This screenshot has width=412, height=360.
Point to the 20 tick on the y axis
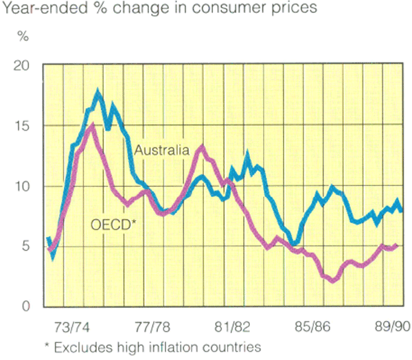pyautogui.click(x=23, y=65)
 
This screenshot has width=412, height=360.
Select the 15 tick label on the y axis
pyautogui.click(x=23, y=126)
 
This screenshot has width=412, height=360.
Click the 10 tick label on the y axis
pyautogui.click(x=23, y=186)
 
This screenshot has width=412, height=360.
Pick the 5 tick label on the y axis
pyautogui.click(x=27, y=247)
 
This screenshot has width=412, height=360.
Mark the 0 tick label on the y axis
pyautogui.click(x=27, y=306)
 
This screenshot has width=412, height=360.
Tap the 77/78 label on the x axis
pyautogui.click(x=152, y=326)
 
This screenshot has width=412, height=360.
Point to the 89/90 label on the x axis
pyautogui.click(x=392, y=326)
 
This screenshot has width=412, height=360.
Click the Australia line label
pyautogui.click(x=162, y=150)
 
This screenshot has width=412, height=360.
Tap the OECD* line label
pyautogui.click(x=113, y=223)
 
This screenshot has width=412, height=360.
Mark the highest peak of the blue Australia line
pyautogui.click(x=98, y=91)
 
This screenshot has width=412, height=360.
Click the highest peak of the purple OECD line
pyautogui.click(x=92, y=125)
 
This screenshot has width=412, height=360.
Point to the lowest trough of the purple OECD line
pyautogui.click(x=334, y=280)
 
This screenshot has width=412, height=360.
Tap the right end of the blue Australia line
pyautogui.click(x=402, y=210)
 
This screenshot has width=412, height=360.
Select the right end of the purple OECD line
pyautogui.click(x=398, y=245)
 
